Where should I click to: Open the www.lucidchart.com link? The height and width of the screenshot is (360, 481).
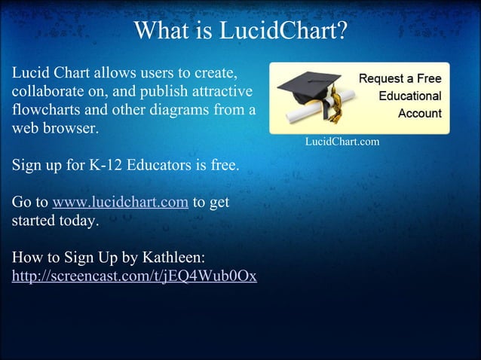(x=120, y=203)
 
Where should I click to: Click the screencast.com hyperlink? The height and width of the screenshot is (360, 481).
(x=134, y=276)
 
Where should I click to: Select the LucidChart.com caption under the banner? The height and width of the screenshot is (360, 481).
(x=342, y=141)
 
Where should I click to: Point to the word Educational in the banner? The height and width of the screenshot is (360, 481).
(x=409, y=96)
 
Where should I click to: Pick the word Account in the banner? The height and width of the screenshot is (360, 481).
(x=419, y=114)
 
